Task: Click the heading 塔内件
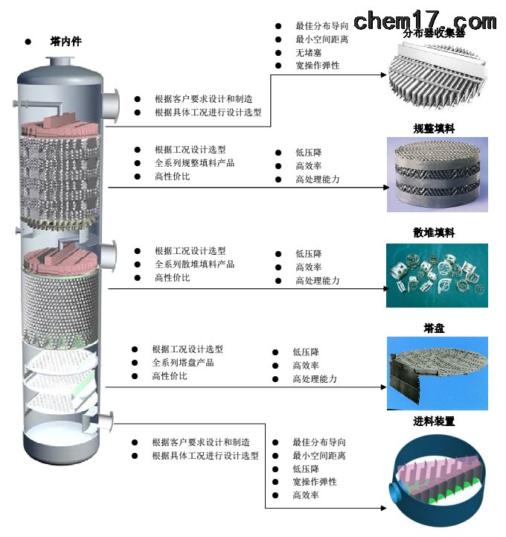(65, 42)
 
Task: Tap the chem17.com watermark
(425, 20)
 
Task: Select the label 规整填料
(434, 128)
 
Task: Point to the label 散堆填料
(434, 232)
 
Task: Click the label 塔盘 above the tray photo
(434, 328)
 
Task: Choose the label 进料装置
(434, 421)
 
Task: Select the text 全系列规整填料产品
(194, 162)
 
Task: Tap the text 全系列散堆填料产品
(194, 264)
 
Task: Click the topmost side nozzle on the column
(112, 104)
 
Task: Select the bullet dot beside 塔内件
(28, 42)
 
